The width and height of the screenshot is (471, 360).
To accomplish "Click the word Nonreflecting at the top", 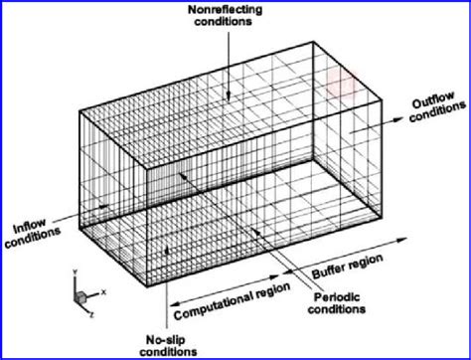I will point(226,9).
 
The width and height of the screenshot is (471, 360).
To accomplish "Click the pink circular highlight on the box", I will point(338,81).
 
